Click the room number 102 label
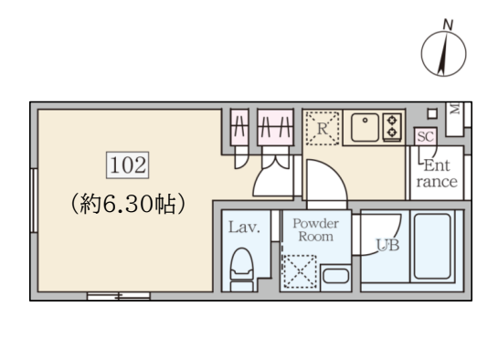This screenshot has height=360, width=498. pyautogui.click(x=127, y=164)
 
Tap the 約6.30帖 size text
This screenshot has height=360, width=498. pyautogui.click(x=127, y=204)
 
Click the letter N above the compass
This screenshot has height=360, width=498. pyautogui.click(x=448, y=25)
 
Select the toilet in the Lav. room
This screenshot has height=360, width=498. pyautogui.click(x=242, y=270)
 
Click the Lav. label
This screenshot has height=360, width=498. pyautogui.click(x=244, y=228)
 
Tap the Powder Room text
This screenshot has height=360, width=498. pyautogui.click(x=315, y=230)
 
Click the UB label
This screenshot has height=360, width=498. pyautogui.click(x=387, y=245)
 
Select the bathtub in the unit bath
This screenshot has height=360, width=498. pyautogui.click(x=432, y=247)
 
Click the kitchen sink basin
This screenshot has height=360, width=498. pyautogui.click(x=365, y=127)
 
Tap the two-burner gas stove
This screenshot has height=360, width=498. pyautogui.click(x=392, y=127)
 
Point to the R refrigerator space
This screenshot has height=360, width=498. pyautogui.click(x=322, y=128)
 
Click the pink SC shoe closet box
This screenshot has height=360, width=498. pyautogui.click(x=425, y=136)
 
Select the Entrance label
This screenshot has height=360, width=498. pyautogui.click(x=437, y=174)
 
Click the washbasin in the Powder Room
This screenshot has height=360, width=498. pyautogui.click(x=335, y=276)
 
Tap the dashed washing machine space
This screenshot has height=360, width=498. pyautogui.click(x=299, y=271)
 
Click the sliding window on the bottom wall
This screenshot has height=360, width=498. pyautogui.click(x=119, y=296)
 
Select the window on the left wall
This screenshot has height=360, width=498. pyautogui.click(x=34, y=200)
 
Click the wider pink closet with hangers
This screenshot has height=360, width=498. pyautogui.click(x=275, y=127)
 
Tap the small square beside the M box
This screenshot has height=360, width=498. pyautogui.click(x=432, y=113)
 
